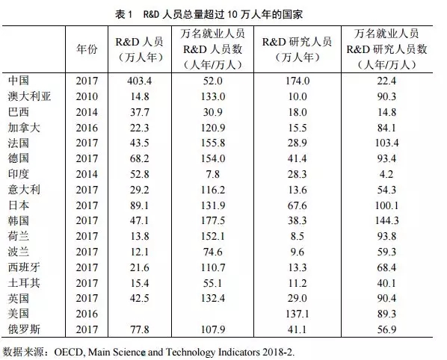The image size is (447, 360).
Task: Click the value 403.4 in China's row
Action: click(x=139, y=81)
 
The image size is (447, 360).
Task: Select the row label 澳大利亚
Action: click(x=29, y=96)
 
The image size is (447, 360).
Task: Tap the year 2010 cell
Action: click(x=87, y=96)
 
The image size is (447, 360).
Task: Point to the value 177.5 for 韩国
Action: click(x=213, y=220)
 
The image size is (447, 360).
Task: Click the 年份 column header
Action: click(x=87, y=49)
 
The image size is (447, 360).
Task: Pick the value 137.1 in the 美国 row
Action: click(x=297, y=314)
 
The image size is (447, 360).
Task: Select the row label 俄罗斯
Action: click(x=24, y=329)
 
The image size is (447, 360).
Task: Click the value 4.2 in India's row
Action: click(x=386, y=174)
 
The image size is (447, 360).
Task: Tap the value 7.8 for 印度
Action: click(x=213, y=174)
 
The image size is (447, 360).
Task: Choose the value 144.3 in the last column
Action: click(x=386, y=220)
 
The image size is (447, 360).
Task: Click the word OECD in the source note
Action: click(x=68, y=353)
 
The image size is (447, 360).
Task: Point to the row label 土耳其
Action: click(x=24, y=283)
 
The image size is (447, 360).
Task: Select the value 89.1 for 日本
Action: click(x=139, y=205)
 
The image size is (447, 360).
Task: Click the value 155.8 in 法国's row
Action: click(x=213, y=143)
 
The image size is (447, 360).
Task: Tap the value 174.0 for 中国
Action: click(x=297, y=81)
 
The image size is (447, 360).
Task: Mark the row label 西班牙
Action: click(x=24, y=267)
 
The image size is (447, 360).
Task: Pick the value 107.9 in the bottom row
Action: click(x=213, y=329)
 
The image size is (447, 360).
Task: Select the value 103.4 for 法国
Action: click(x=386, y=143)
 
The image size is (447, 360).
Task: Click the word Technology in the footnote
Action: click(x=190, y=353)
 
